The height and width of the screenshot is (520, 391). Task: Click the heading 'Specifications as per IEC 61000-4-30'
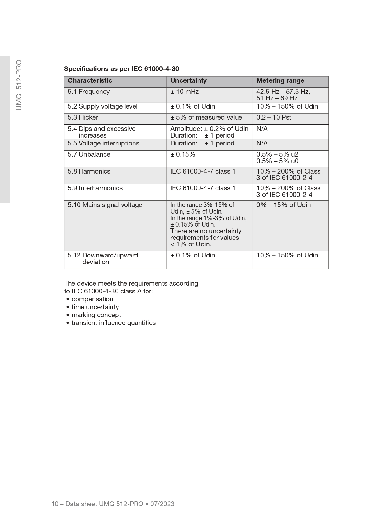121,69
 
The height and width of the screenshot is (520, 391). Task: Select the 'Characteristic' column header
90,80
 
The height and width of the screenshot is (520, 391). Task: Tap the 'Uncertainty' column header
188,80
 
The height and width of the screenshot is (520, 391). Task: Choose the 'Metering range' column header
280,80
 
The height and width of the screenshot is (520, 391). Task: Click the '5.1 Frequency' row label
89,92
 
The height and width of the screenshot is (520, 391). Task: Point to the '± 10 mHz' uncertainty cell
185,92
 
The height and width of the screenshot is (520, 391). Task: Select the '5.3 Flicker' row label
83,117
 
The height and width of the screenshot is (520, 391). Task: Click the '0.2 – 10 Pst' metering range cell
273,117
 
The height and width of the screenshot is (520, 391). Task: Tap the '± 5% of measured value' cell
206,117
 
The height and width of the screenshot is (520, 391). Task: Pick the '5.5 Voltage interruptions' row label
103,143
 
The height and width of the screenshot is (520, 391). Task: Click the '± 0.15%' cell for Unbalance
183,154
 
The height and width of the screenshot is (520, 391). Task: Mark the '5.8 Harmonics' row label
89,171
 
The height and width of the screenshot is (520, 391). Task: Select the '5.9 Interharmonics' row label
95,188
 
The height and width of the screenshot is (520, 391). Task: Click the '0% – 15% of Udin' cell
283,205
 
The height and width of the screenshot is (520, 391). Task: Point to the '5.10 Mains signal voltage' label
105,205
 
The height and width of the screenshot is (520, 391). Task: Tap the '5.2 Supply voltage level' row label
102,106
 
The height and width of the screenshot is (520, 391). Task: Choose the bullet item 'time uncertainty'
95,307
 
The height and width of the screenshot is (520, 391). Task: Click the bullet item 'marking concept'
96,315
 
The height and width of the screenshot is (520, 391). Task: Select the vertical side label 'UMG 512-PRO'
19,85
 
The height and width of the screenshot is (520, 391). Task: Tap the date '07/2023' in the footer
162,504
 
